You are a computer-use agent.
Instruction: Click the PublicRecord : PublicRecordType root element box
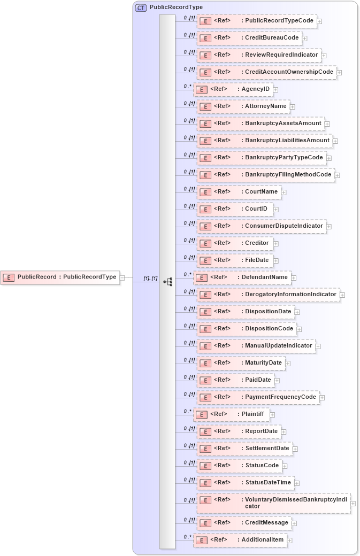pyautogui.click(x=60, y=277)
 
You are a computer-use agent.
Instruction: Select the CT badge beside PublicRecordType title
pyautogui.click(x=141, y=8)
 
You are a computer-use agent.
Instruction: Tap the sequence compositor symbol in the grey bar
pyautogui.click(x=167, y=281)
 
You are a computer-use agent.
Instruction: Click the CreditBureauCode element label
pyautogui.click(x=272, y=38)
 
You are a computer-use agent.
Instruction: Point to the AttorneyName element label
pyautogui.click(x=266, y=106)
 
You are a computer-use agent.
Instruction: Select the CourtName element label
pyautogui.click(x=262, y=192)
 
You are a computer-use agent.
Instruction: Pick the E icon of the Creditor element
pyautogui.click(x=204, y=243)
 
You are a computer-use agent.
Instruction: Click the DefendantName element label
pyautogui.click(x=264, y=277)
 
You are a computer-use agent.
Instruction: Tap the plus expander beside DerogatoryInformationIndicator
pyautogui.click(x=342, y=295)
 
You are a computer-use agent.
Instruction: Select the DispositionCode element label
pyautogui.click(x=270, y=329)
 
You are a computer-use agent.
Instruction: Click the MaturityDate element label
pyautogui.click(x=263, y=363)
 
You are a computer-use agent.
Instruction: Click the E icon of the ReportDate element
pyautogui.click(x=204, y=431)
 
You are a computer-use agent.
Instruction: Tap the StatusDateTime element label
pyautogui.click(x=268, y=483)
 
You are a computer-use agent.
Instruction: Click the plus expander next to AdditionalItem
pyautogui.click(x=290, y=540)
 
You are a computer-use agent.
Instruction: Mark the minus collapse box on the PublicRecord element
pyautogui.click(x=122, y=277)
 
